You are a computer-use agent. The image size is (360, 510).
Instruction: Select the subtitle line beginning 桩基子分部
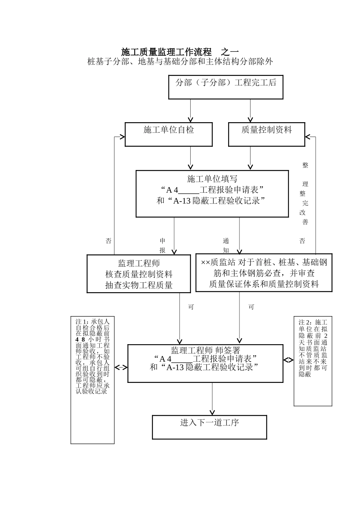[180, 61]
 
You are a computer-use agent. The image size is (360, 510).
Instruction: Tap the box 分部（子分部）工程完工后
[225, 87]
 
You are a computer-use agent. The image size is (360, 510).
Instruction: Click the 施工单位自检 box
[169, 134]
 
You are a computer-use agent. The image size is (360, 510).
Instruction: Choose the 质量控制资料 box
[266, 134]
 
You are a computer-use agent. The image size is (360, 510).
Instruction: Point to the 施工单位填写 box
[212, 194]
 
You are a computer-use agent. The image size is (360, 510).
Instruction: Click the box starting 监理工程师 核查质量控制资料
[139, 274]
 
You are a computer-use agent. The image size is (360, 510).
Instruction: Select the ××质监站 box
[264, 273]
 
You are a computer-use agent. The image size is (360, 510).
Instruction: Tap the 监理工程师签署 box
[205, 363]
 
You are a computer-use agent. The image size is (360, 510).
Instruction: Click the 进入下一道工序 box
[210, 427]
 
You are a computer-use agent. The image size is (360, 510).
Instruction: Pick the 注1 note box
[92, 380]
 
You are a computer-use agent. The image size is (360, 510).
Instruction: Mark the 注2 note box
[313, 361]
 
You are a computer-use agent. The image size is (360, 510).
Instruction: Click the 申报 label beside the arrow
[163, 246]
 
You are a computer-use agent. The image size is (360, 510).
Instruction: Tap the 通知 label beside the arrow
[226, 246]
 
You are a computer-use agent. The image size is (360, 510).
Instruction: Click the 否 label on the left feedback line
[109, 241]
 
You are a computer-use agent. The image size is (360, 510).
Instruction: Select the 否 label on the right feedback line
[302, 241]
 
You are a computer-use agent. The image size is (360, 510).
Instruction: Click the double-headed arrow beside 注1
[121, 367]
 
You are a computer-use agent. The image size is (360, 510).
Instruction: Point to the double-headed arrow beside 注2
[288, 360]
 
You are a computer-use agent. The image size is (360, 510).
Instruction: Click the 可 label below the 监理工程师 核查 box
[191, 307]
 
